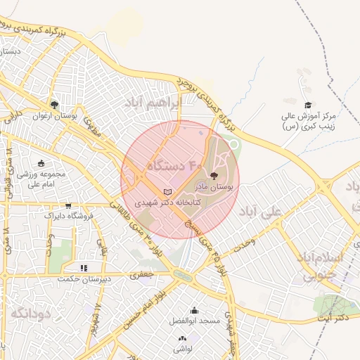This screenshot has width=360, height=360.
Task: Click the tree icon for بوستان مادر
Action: point(214,176)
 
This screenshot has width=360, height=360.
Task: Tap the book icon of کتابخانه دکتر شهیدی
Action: point(167,191)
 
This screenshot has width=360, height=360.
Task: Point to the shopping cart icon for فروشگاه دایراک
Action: point(68,206)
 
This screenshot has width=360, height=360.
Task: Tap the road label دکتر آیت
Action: point(332,319)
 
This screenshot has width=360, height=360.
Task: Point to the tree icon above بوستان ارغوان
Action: point(54,105)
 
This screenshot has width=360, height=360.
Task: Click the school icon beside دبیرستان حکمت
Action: point(83,267)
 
